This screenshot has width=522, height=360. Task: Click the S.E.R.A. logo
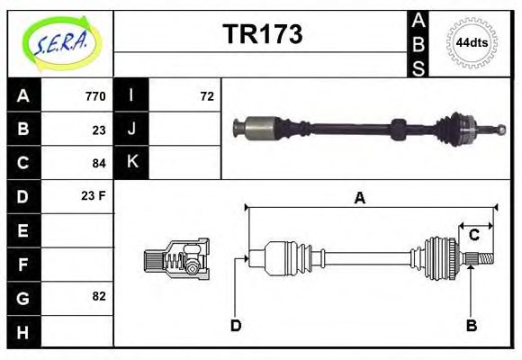click(x=60, y=43)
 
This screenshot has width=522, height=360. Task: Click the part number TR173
click(x=262, y=35)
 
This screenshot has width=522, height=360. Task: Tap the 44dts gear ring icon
click(x=472, y=43)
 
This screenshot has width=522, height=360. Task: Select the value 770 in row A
click(x=94, y=96)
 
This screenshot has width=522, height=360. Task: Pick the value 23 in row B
click(x=98, y=130)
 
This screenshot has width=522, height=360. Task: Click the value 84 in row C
click(x=98, y=163)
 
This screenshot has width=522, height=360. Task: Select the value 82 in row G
click(x=98, y=296)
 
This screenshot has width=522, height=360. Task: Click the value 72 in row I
click(x=206, y=96)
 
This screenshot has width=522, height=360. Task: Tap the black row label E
click(x=23, y=230)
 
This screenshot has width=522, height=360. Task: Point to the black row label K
click(x=132, y=162)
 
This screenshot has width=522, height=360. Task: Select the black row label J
click(x=132, y=129)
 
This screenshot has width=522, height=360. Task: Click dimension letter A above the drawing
click(x=359, y=198)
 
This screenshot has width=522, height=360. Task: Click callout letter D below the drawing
click(x=235, y=326)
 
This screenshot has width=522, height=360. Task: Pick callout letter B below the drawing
click(x=471, y=326)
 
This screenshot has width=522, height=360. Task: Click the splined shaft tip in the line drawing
click(x=482, y=259)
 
